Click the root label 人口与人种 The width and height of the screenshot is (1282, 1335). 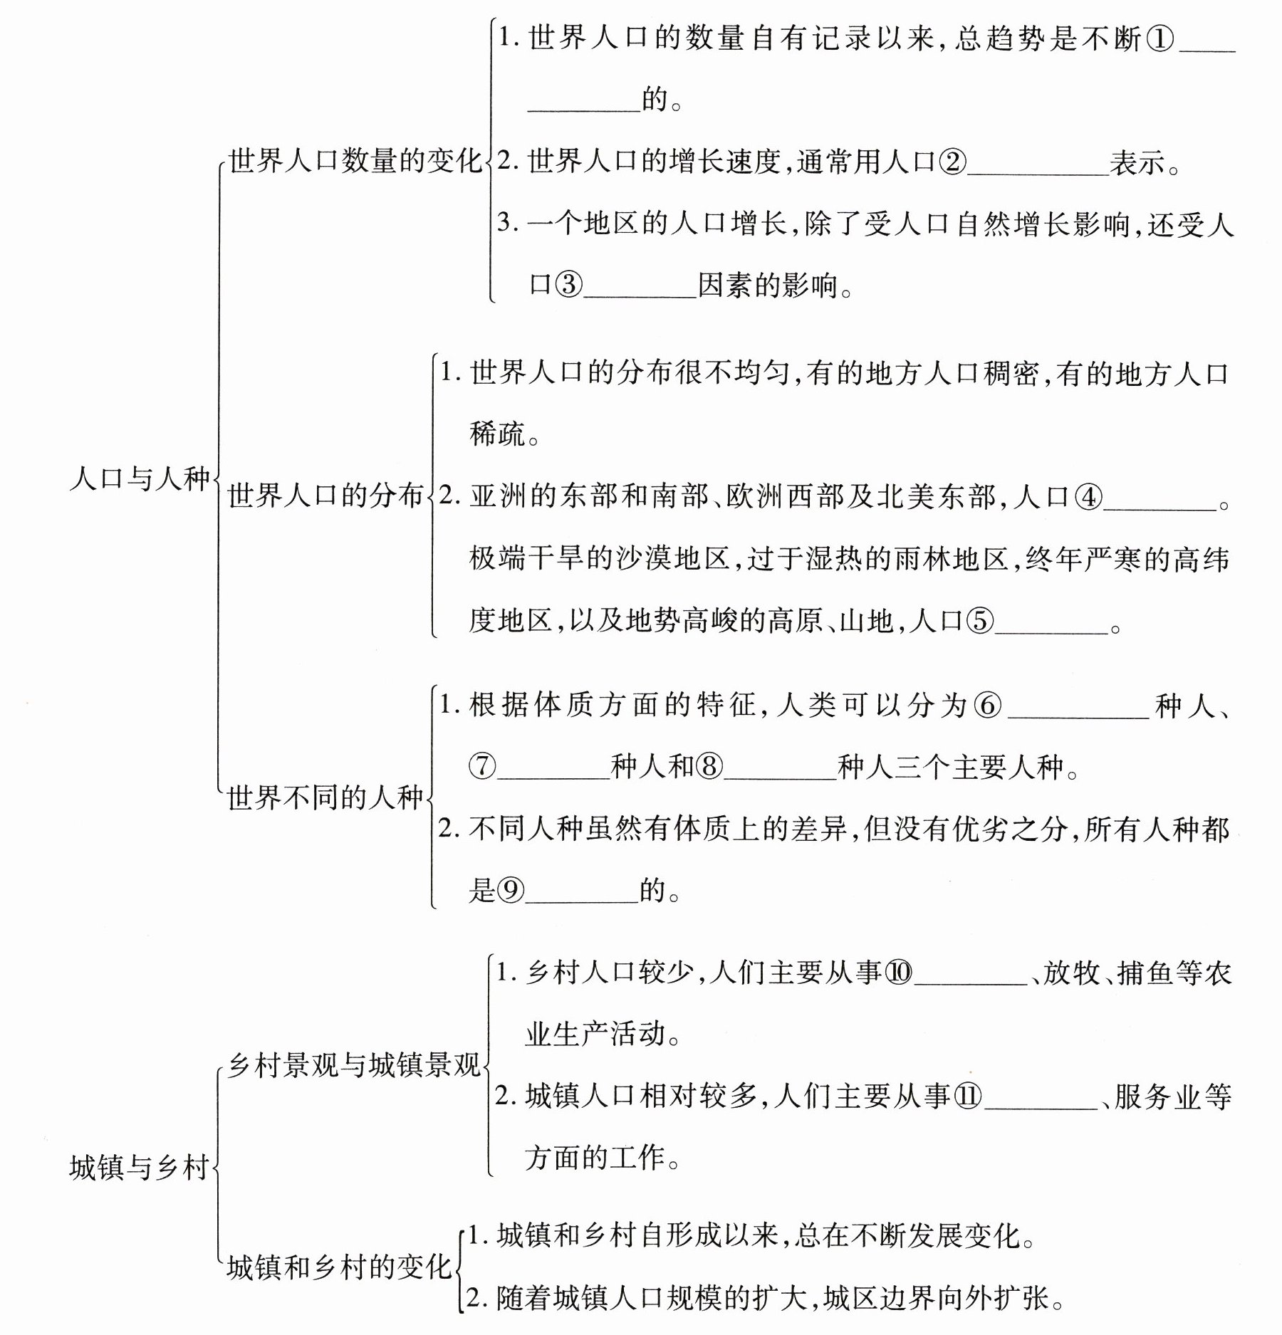click(x=140, y=478)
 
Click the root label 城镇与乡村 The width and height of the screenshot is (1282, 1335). click(x=140, y=1168)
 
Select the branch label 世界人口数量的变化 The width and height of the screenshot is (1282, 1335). click(x=355, y=161)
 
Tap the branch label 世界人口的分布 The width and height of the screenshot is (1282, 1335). click(x=325, y=496)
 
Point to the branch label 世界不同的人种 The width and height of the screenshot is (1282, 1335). click(x=325, y=798)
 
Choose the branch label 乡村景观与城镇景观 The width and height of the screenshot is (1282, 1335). click(x=354, y=1066)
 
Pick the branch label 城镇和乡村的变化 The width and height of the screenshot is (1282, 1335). click(x=339, y=1268)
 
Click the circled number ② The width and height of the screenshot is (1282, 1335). click(x=952, y=163)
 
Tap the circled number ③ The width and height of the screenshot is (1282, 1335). click(x=568, y=286)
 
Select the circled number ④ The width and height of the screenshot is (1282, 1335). click(x=1088, y=497)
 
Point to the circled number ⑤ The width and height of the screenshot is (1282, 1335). click(x=979, y=622)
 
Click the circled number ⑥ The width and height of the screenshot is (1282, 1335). click(x=988, y=706)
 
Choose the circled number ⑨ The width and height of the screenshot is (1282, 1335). click(x=510, y=890)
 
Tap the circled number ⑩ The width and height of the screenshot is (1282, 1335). click(x=898, y=973)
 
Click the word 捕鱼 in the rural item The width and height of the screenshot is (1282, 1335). click(x=1146, y=973)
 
